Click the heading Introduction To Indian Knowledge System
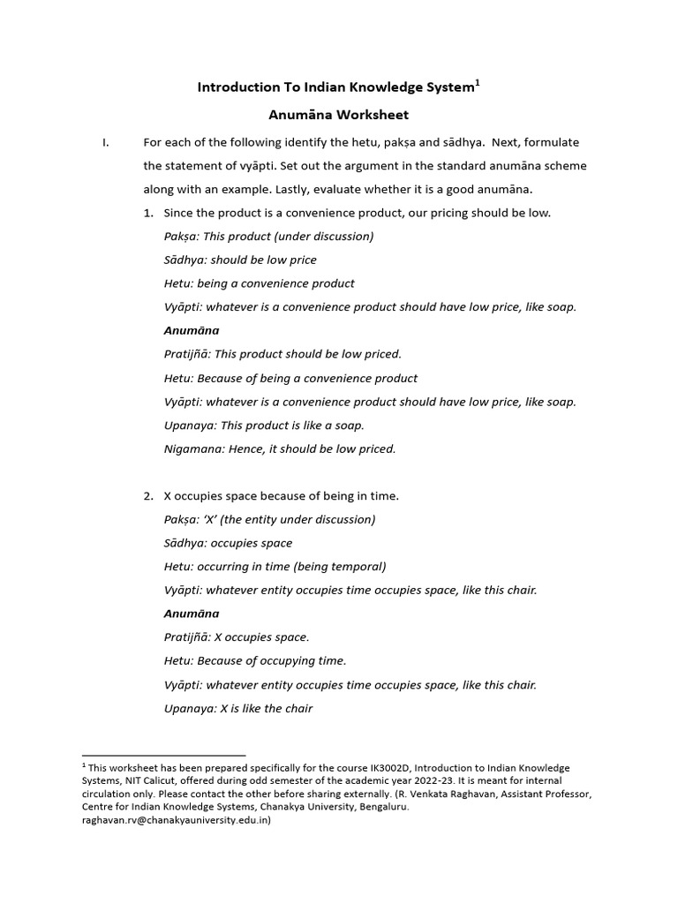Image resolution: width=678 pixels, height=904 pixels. pos(335,87)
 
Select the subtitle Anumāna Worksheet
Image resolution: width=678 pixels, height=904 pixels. pos(339,115)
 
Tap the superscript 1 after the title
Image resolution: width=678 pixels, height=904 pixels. pos(478,83)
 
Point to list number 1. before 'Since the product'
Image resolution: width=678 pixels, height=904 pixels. pos(149,213)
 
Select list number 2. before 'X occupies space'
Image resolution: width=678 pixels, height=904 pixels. pos(149,495)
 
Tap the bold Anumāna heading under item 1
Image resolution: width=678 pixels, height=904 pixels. pos(192,330)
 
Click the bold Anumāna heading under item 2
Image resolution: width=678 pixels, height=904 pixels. pos(192,614)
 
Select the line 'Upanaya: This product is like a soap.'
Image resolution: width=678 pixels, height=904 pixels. pos(265,425)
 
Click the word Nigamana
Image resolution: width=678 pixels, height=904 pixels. pos(193,448)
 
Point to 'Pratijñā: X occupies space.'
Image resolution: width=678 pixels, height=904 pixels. pos(237,637)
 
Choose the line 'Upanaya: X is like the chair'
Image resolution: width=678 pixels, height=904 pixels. pos(238,708)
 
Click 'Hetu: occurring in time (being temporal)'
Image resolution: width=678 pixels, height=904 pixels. pos(275,566)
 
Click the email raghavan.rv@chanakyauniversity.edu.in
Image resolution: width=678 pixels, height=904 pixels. pos(177,820)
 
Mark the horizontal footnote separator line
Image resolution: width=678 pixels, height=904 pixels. pos(163,756)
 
